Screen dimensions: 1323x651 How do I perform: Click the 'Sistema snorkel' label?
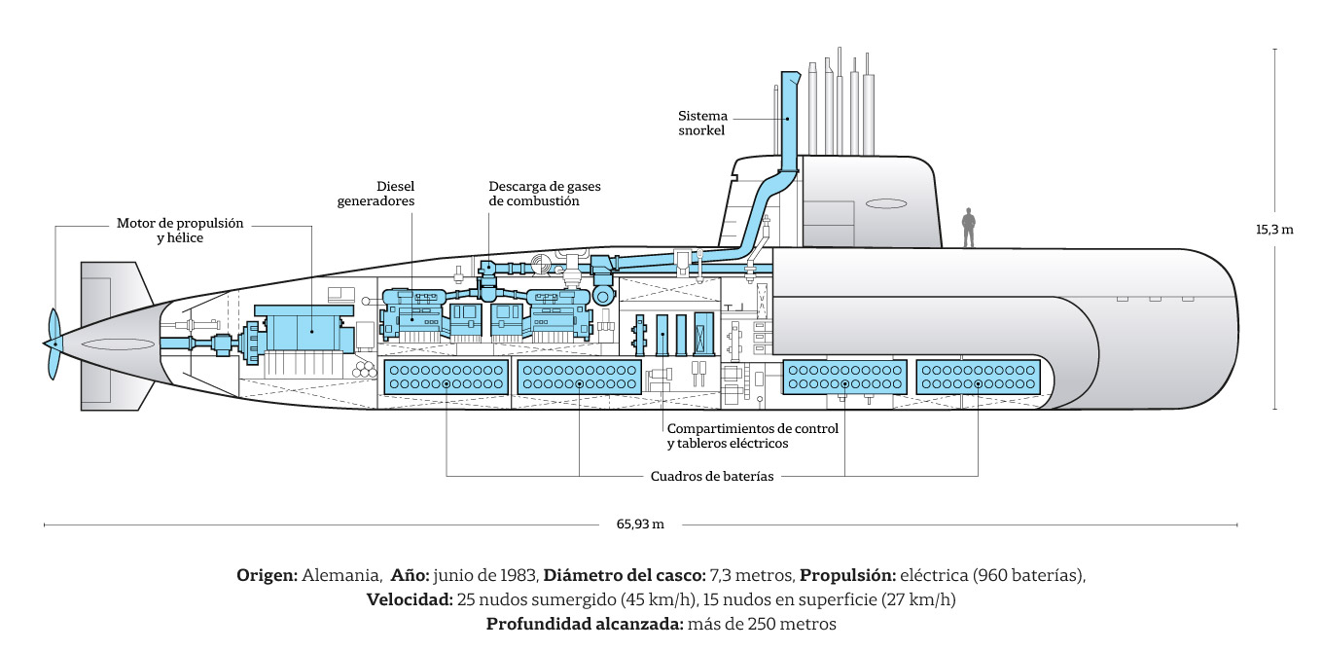[x=702, y=123]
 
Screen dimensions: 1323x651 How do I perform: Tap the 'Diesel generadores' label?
[x=376, y=194]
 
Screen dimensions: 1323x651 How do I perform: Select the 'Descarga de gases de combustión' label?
[x=544, y=194]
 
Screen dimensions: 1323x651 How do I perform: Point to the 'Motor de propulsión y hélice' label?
[x=180, y=231]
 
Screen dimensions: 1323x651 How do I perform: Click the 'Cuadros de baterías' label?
[x=712, y=476]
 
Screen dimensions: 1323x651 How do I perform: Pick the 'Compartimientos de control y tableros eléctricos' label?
[x=753, y=436]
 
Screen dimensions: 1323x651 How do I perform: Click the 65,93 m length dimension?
[x=640, y=524]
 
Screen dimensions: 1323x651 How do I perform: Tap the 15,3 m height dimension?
[x=1274, y=230]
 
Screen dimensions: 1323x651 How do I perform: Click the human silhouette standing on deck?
[x=968, y=228]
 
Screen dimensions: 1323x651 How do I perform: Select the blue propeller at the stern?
[x=54, y=344]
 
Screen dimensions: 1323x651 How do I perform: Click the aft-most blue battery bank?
[x=446, y=378]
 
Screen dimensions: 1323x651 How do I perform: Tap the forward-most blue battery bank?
[x=978, y=378]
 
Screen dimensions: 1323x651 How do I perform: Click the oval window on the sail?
[x=886, y=203]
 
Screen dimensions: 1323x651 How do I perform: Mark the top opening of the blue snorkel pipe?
[x=791, y=74]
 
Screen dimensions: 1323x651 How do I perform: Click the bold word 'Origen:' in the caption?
[x=267, y=575]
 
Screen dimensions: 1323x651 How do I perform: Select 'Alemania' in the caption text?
[x=341, y=575]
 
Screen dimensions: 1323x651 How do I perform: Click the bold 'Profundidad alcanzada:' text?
[x=585, y=624]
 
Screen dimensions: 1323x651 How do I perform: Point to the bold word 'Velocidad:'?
[x=410, y=599]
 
